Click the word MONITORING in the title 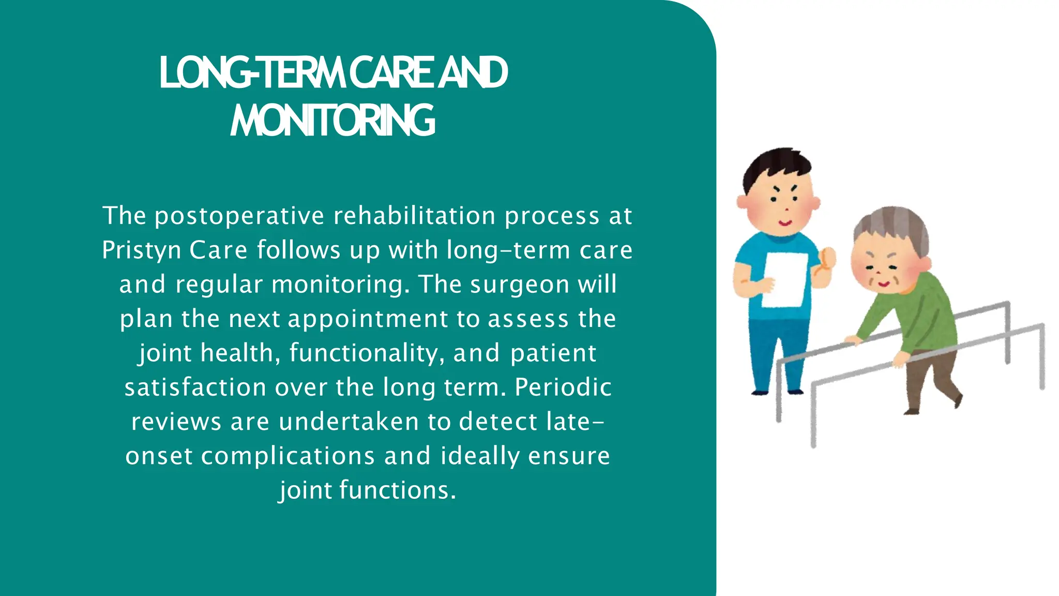332,121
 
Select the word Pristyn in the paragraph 141,250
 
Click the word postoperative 239,216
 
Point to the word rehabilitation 414,216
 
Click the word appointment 368,319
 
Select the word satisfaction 195,387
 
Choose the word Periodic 563,387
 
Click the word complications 288,456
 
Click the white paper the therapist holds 785,279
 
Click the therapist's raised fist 826,259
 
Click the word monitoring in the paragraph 340,285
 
